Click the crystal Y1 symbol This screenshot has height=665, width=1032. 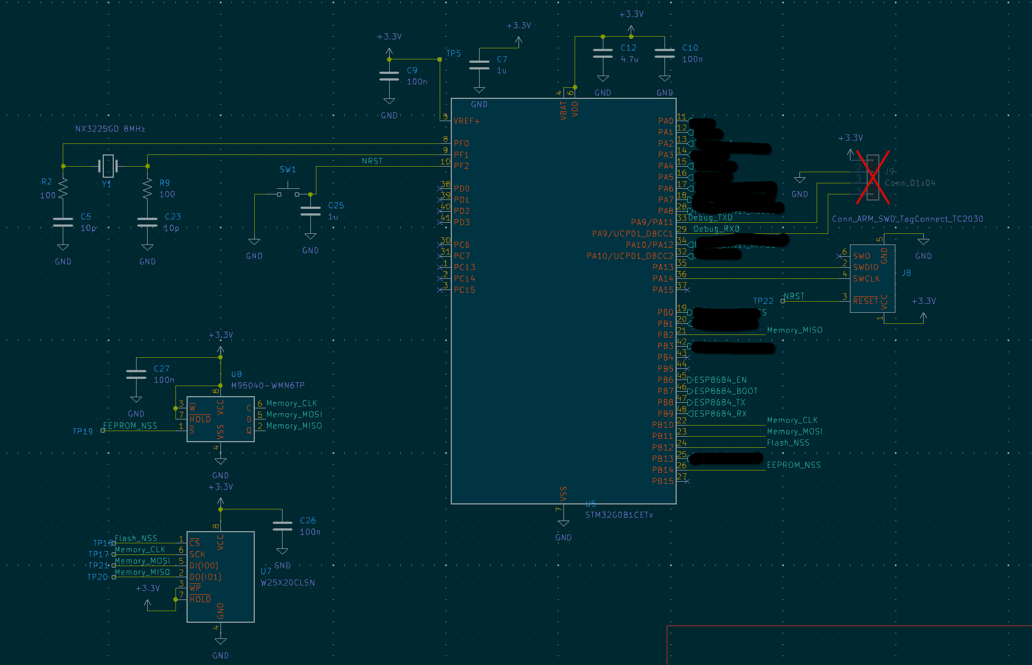108,166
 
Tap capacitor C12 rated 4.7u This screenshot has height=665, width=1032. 603,53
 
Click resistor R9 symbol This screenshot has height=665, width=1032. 147,189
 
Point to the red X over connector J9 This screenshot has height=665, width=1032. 872,177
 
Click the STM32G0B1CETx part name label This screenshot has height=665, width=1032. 619,515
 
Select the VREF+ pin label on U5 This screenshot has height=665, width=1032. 466,121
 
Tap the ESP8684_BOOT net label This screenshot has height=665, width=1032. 726,391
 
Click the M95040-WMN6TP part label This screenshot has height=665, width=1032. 268,386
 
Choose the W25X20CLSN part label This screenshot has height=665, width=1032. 288,583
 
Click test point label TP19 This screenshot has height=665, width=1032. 83,431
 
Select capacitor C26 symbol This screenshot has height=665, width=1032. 283,526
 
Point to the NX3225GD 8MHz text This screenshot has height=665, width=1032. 110,129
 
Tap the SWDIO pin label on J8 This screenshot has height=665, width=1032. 865,267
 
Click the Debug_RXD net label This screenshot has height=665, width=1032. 716,229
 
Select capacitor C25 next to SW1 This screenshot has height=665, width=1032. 310,211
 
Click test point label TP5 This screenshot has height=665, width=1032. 453,53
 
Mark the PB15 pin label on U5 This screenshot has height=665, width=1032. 662,481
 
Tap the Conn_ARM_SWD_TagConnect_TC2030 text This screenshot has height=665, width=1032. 907,219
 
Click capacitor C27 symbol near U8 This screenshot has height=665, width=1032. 136,374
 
